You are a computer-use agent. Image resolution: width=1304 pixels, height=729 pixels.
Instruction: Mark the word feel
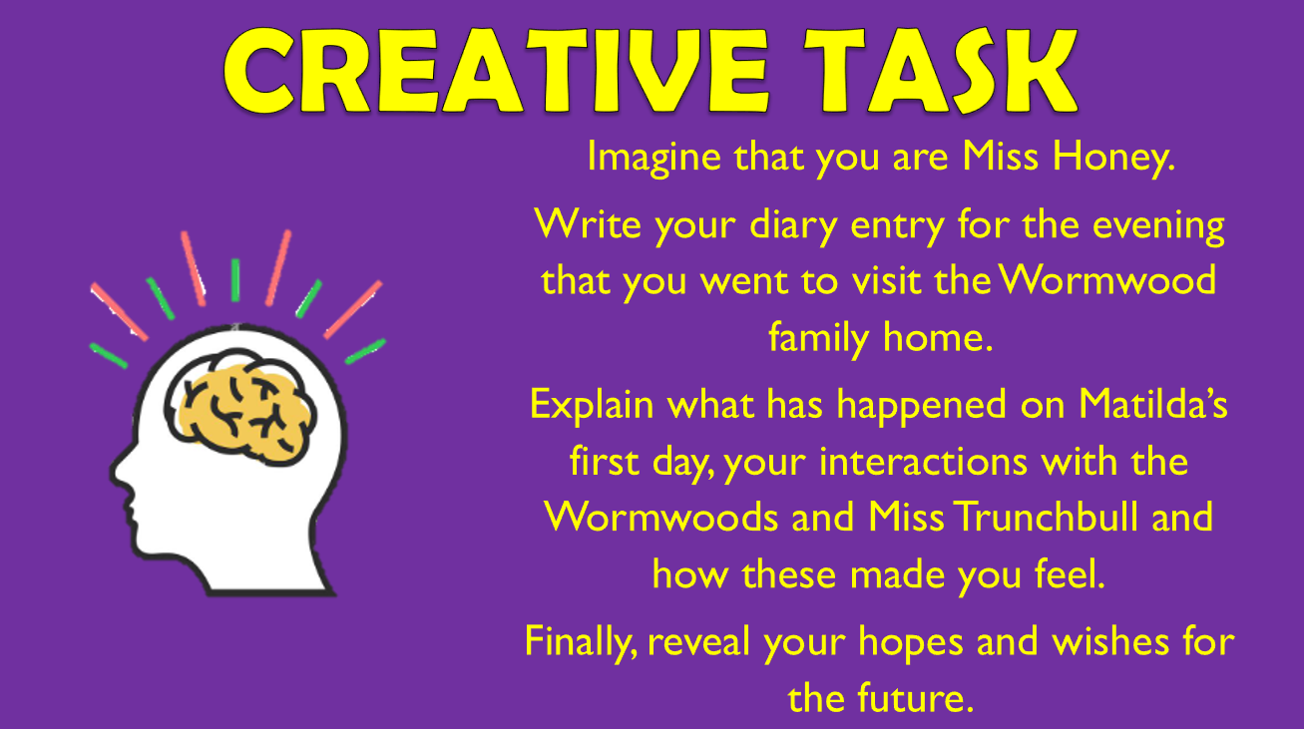coord(1069,575)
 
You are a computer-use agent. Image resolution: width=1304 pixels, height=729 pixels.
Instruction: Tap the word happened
coord(904,405)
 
